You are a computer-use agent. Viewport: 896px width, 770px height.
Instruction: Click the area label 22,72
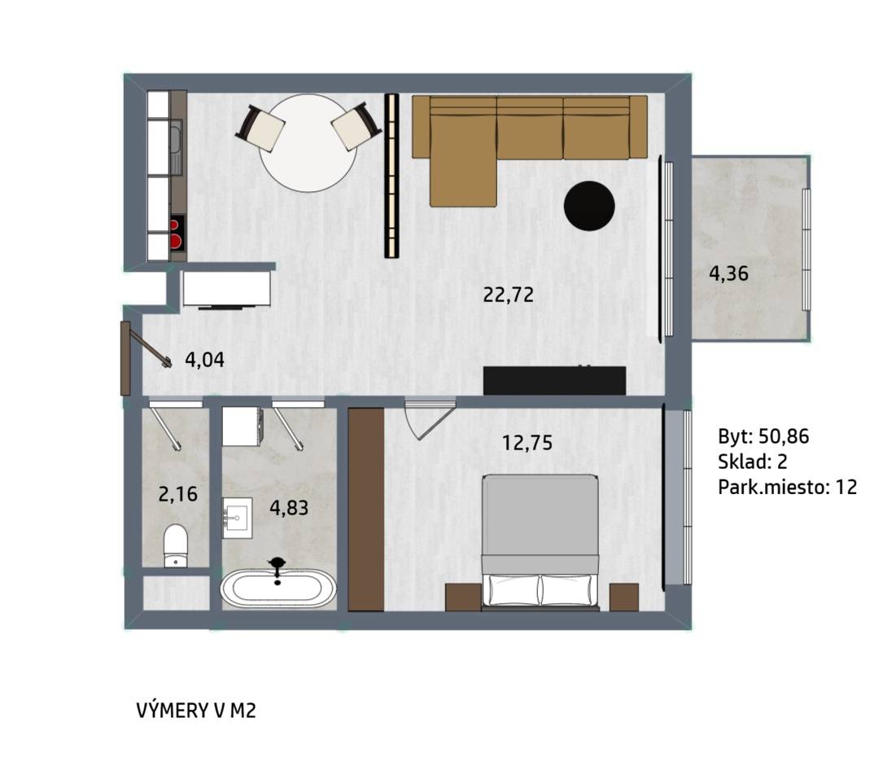tap(508, 295)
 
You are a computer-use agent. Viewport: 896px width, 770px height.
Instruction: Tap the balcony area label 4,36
tap(728, 273)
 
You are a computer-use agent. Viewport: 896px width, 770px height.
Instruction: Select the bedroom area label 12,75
tap(527, 443)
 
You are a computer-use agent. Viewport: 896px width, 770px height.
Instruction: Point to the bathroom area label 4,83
tap(289, 508)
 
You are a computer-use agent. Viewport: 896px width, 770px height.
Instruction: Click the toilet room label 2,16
tap(177, 494)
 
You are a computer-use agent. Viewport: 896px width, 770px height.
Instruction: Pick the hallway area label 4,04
tap(204, 360)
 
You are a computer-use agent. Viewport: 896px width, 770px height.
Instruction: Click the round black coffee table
tap(589, 206)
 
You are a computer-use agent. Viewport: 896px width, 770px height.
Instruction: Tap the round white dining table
tap(308, 143)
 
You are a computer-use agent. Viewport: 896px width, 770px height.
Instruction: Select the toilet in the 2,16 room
tap(176, 545)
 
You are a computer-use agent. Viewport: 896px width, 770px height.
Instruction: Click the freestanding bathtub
tap(278, 588)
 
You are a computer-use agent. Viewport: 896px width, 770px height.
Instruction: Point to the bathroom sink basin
tap(237, 518)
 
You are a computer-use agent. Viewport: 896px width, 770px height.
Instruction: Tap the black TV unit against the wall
tap(554, 380)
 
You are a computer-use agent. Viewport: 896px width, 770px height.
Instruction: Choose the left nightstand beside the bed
tap(463, 597)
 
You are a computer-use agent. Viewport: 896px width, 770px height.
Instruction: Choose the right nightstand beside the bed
tap(624, 597)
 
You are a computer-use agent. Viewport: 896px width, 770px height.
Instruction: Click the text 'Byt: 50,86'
tap(763, 437)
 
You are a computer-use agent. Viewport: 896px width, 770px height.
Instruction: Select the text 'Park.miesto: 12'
tap(788, 487)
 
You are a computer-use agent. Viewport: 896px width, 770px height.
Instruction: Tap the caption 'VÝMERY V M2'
tap(196, 711)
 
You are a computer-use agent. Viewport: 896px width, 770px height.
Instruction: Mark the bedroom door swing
tap(430, 420)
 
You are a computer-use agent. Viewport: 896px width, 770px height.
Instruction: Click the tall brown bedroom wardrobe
tap(365, 510)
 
